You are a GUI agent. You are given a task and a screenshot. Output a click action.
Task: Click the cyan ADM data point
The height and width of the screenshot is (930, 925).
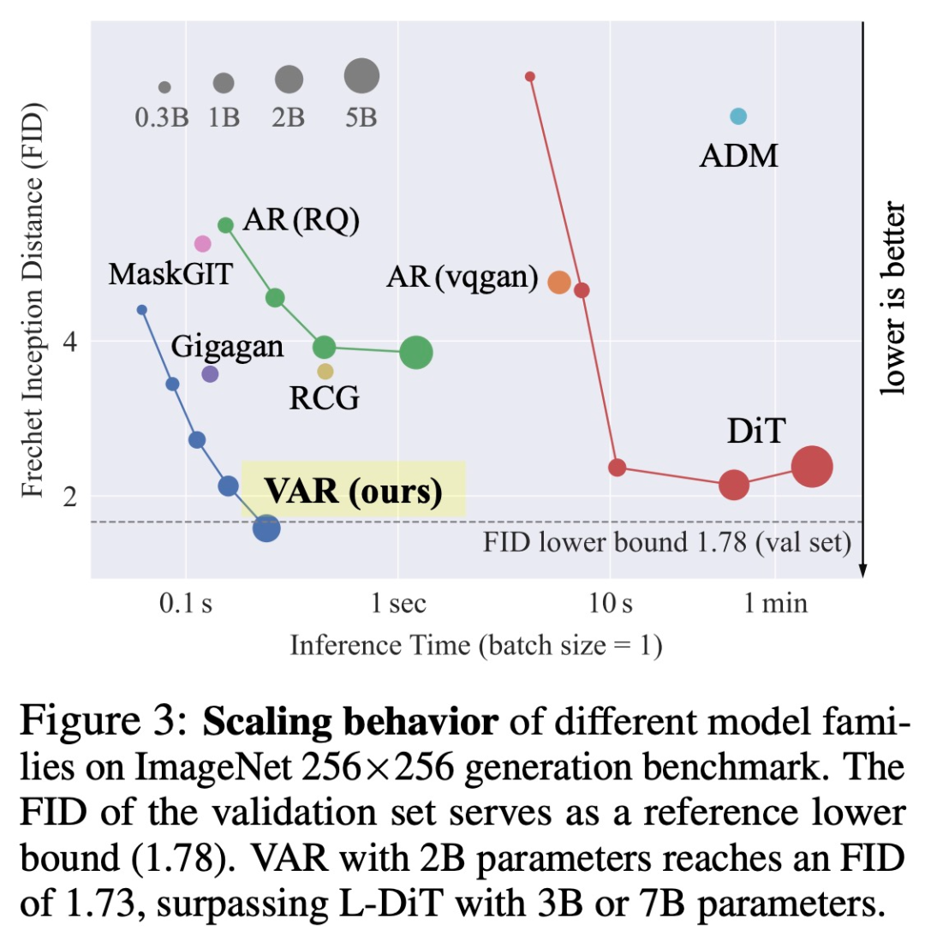pyautogui.click(x=737, y=116)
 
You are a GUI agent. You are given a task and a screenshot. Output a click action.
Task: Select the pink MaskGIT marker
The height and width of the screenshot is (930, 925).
pyautogui.click(x=202, y=244)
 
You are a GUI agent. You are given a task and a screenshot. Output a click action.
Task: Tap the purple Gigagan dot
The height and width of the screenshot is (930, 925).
pyautogui.click(x=210, y=374)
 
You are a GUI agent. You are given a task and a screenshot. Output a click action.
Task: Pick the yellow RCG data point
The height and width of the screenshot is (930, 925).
pyautogui.click(x=325, y=372)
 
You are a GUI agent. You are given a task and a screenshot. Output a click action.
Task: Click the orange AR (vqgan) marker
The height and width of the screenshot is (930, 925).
pyautogui.click(x=558, y=282)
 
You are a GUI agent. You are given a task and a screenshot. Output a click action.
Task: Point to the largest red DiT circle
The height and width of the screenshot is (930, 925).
pyautogui.click(x=811, y=467)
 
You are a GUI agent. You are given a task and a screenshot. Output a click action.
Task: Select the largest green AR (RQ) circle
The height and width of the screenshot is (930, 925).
pyautogui.click(x=416, y=352)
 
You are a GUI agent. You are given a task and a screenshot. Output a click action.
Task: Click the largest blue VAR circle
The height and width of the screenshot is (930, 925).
pyautogui.click(x=266, y=528)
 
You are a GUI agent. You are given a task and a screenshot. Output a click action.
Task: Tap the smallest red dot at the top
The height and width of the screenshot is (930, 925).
pyautogui.click(x=530, y=77)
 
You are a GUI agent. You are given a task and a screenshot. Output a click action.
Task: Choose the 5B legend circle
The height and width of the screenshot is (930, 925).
pyautogui.click(x=361, y=76)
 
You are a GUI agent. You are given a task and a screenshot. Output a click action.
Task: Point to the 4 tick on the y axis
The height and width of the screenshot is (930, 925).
pyautogui.click(x=72, y=341)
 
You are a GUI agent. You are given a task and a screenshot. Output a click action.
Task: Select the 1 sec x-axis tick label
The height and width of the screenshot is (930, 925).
pyautogui.click(x=397, y=605)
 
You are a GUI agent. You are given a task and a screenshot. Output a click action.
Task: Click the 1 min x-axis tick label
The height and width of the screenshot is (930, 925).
pyautogui.click(x=774, y=605)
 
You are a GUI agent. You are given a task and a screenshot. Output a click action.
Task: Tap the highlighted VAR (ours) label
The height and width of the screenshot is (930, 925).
pyautogui.click(x=353, y=491)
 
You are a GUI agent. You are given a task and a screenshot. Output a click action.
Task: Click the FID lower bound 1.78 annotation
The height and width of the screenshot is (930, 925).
pyautogui.click(x=667, y=544)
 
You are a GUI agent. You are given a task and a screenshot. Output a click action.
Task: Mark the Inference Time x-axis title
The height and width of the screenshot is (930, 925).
pyautogui.click(x=475, y=645)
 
